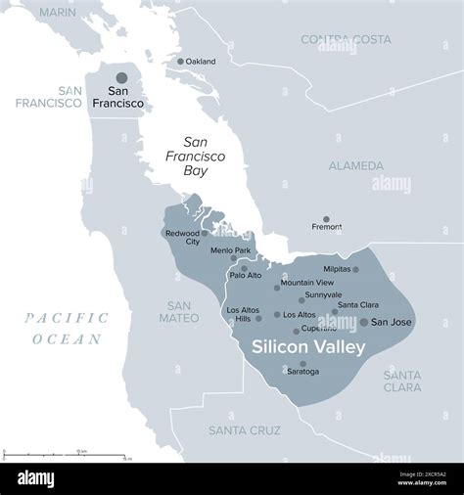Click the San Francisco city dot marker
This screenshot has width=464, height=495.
pyautogui.click(x=121, y=77)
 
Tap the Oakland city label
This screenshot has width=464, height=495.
pyautogui.click(x=201, y=61)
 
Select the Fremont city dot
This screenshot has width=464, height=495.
pyautogui.click(x=327, y=219)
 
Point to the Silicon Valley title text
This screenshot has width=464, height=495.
pyautogui.click(x=308, y=346)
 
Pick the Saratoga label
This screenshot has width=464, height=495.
pyautogui.click(x=302, y=372)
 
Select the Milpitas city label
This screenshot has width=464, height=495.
pyautogui.click(x=336, y=269)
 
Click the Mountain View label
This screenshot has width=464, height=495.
pyautogui.click(x=306, y=283)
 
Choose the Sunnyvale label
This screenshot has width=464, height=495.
pyautogui.click(x=323, y=294)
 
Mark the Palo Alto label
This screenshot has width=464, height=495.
pyautogui.click(x=246, y=275)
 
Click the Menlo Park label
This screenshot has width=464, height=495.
pyautogui.click(x=230, y=250)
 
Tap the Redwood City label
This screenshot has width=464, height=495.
pyautogui.click(x=182, y=238)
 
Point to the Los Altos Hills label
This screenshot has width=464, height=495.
pyautogui.click(x=244, y=315)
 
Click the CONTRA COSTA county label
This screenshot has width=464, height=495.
pyautogui.click(x=346, y=39)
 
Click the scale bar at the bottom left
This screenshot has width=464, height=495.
pyautogui.click(x=65, y=454)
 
